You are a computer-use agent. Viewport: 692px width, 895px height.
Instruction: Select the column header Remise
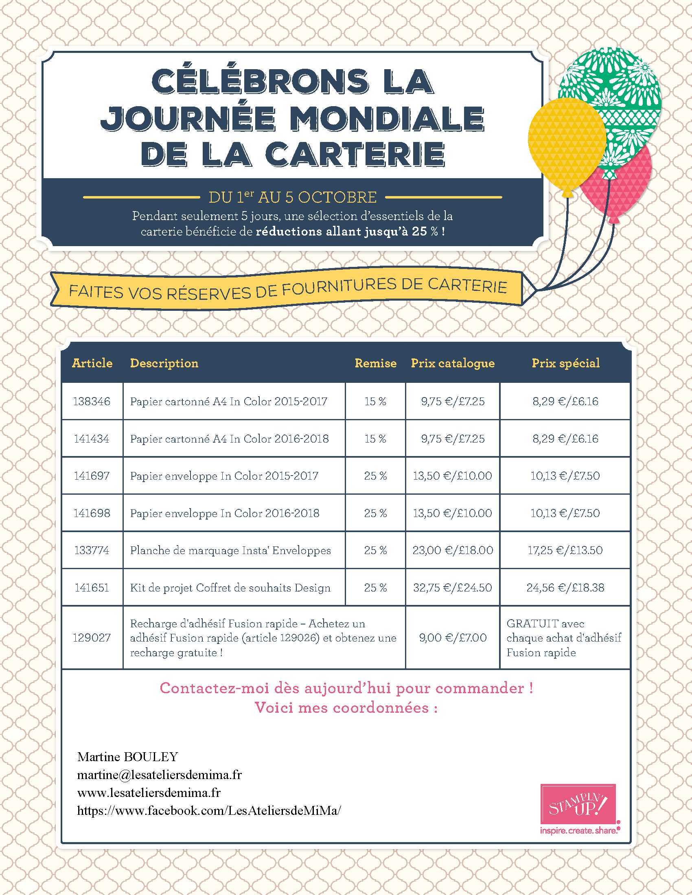[x=375, y=363]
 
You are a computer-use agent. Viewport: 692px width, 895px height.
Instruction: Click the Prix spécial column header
[x=565, y=363]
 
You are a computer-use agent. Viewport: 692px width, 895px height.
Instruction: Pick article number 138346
[x=92, y=401]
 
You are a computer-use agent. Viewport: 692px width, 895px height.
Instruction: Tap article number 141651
[x=92, y=588]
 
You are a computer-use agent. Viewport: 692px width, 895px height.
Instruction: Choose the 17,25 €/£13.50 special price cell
[x=565, y=550]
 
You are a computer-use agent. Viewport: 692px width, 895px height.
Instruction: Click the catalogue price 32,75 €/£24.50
[x=453, y=588]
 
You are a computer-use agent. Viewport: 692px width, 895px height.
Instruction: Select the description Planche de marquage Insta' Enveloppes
[x=230, y=550]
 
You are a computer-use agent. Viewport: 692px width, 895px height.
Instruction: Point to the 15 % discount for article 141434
[x=375, y=439]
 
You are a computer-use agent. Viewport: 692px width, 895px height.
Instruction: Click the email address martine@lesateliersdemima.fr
[x=160, y=775]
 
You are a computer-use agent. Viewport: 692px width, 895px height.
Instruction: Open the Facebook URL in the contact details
[x=209, y=810]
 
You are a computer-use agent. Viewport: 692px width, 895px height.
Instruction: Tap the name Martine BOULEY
[x=127, y=757]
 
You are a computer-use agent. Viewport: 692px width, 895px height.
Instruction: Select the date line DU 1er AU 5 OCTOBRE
[x=292, y=198]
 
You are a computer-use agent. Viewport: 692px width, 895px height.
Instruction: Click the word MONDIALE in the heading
[x=387, y=119]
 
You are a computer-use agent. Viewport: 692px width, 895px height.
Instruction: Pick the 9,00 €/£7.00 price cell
[x=453, y=637]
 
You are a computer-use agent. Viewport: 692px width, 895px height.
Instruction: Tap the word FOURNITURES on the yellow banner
[x=339, y=287]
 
